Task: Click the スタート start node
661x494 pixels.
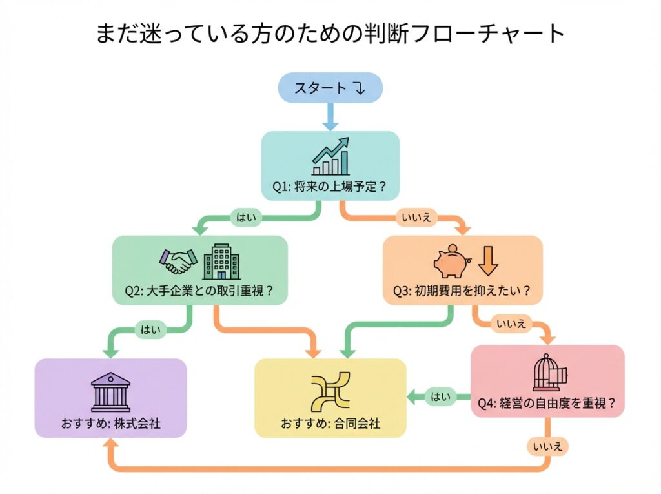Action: tap(330, 88)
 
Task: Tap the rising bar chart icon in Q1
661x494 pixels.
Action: tap(330, 156)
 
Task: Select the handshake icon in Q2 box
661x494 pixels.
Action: tap(178, 261)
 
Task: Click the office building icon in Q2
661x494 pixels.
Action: tap(221, 262)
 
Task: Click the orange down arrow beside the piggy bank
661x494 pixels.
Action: tap(489, 260)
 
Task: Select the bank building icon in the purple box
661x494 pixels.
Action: tap(110, 391)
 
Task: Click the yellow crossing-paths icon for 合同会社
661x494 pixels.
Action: tap(330, 391)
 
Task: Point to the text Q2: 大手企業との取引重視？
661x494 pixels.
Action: tap(199, 291)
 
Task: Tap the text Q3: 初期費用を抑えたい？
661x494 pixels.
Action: tap(462, 291)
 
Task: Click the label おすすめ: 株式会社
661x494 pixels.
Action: tap(110, 424)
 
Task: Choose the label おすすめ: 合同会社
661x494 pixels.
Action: tap(330, 424)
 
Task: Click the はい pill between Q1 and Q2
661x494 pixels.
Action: tap(246, 218)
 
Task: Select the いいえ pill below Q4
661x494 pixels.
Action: tap(546, 446)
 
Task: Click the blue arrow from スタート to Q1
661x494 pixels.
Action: tap(330, 117)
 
